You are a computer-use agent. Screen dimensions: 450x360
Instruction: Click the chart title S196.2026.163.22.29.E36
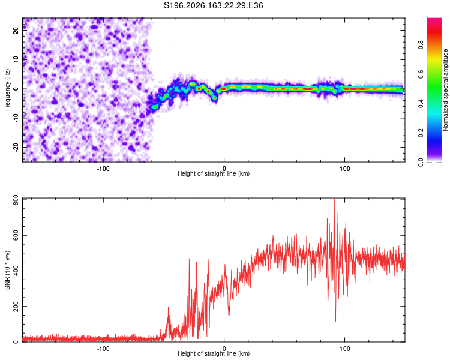click(x=213, y=5)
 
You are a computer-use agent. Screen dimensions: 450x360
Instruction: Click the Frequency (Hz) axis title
click(x=7, y=90)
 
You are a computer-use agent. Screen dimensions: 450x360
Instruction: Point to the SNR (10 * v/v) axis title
click(x=7, y=270)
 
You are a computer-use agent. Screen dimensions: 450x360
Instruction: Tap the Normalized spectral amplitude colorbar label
click(x=445, y=90)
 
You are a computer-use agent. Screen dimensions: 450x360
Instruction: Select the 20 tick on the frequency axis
click(x=16, y=30)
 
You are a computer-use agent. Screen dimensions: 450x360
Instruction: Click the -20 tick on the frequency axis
click(x=16, y=147)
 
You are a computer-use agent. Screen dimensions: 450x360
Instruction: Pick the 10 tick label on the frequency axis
click(x=16, y=59)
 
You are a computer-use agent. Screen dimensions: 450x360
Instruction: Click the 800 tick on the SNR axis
click(x=16, y=200)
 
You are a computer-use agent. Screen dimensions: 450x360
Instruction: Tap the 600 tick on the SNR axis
click(x=16, y=235)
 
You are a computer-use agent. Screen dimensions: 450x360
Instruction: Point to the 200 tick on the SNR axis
click(x=16, y=307)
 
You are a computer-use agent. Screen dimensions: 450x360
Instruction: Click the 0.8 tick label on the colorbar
click(x=421, y=45)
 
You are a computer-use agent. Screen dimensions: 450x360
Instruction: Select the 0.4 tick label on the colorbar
click(x=421, y=103)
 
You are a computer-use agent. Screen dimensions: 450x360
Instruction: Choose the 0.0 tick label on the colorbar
click(x=421, y=162)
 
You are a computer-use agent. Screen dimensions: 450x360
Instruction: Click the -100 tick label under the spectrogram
click(x=103, y=169)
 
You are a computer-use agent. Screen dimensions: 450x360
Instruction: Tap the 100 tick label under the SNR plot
click(x=344, y=349)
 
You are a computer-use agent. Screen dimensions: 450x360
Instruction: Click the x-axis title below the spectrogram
click(x=214, y=173)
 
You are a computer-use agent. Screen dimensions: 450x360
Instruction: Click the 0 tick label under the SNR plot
click(x=224, y=349)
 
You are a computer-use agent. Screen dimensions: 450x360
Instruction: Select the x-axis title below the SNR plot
click(x=214, y=353)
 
